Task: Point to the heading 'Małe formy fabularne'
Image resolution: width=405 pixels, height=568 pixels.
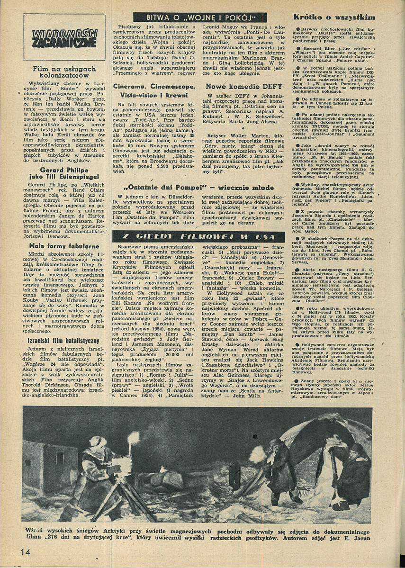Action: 56,246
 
